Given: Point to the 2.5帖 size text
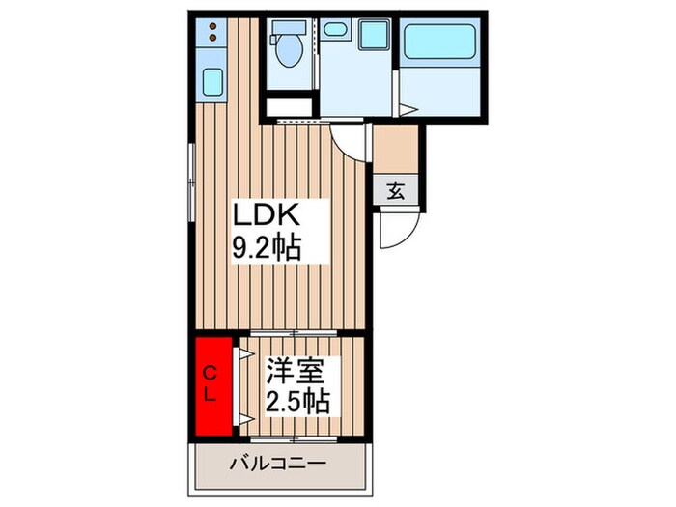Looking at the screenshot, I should point(298,400).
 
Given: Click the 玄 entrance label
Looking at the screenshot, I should point(396,190).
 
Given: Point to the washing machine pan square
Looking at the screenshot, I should point(372,35).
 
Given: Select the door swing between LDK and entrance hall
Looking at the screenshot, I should point(352,146).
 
